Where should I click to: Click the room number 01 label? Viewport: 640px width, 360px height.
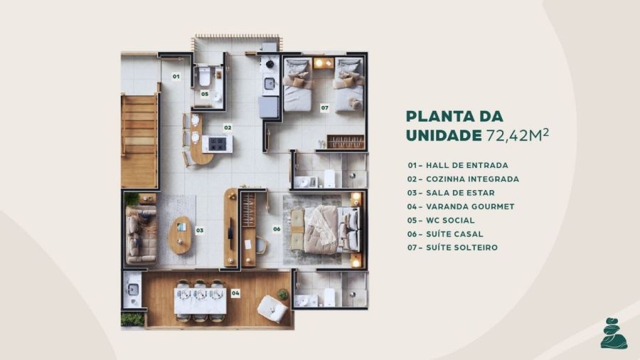(x=176, y=76)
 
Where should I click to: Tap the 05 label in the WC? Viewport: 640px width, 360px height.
(x=205, y=95)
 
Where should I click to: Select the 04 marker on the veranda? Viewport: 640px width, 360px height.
(x=235, y=293)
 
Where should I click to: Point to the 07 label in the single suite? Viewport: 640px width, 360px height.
(x=324, y=108)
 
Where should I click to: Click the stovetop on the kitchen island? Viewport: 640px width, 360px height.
(x=217, y=143)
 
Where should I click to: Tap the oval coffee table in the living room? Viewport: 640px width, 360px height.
(x=180, y=235)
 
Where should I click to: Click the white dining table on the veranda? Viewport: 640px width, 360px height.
(x=200, y=301)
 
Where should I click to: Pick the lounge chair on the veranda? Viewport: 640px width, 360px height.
(x=272, y=309)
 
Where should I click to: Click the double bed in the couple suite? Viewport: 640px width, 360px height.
(x=326, y=230)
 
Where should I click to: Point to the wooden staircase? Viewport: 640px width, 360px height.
(x=139, y=141)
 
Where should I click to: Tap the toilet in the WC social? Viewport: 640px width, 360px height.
(x=204, y=77)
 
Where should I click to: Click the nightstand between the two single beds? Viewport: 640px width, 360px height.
(x=324, y=63)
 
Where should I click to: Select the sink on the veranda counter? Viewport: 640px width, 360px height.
(x=133, y=290)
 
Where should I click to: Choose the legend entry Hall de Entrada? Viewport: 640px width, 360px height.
(x=457, y=165)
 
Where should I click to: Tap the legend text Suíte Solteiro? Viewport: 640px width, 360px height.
(x=452, y=248)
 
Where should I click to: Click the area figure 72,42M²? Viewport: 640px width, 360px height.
(x=518, y=134)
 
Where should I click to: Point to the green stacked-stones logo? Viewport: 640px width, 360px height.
(x=613, y=334)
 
